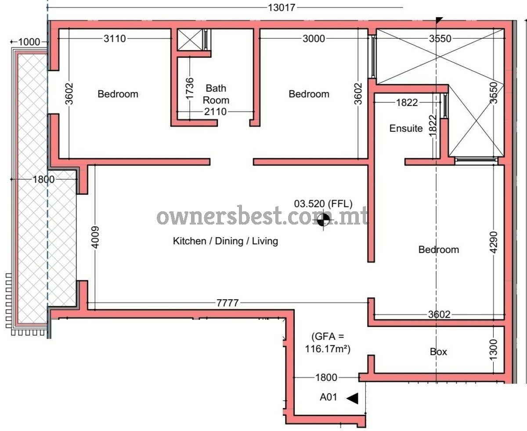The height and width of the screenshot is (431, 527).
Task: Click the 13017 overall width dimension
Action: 282,8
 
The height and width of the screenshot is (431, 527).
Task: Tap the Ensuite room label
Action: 406,128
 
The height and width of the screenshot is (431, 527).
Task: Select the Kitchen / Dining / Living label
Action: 225,241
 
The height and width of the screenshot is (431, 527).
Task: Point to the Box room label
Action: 438,352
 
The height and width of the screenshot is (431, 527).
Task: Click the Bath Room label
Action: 216,94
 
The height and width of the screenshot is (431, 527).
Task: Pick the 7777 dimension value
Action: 227,303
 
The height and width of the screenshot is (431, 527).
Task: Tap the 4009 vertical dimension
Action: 95,237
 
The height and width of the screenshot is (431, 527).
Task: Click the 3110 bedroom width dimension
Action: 115,39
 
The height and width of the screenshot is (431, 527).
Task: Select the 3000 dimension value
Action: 314,39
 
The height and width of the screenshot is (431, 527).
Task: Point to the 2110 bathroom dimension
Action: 215,112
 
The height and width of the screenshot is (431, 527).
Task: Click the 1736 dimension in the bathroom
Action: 190,88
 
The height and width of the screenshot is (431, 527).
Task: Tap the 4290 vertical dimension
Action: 494,242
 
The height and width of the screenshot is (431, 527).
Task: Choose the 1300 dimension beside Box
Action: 494,350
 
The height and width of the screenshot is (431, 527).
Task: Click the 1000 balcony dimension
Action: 29,42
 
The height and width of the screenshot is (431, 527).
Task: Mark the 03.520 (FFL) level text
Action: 323,204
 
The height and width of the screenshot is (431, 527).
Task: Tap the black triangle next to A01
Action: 352,398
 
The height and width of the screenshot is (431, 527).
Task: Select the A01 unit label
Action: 328,397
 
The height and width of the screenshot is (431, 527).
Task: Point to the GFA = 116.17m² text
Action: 328,343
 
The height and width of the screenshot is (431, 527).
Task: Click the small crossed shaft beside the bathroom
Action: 190,40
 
